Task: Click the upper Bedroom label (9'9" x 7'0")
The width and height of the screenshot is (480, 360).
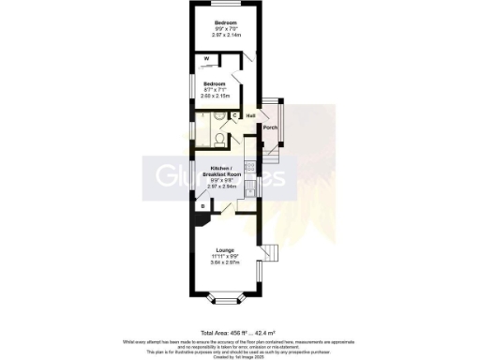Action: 225,22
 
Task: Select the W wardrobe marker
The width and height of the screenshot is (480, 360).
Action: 206,59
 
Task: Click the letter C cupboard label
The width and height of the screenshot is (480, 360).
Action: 234,116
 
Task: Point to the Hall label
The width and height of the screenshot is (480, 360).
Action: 251,115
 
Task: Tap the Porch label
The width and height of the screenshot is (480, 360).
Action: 270,127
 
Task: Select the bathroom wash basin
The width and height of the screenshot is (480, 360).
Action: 217,118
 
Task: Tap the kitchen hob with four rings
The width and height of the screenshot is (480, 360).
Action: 249,167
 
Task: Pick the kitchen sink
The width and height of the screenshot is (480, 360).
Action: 249,190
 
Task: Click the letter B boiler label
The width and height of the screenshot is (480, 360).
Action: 202,206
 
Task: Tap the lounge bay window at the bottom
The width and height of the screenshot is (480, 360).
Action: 225,301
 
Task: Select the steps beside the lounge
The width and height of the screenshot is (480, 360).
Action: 272,253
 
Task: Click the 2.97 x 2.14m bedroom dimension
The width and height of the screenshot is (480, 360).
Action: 225,35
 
